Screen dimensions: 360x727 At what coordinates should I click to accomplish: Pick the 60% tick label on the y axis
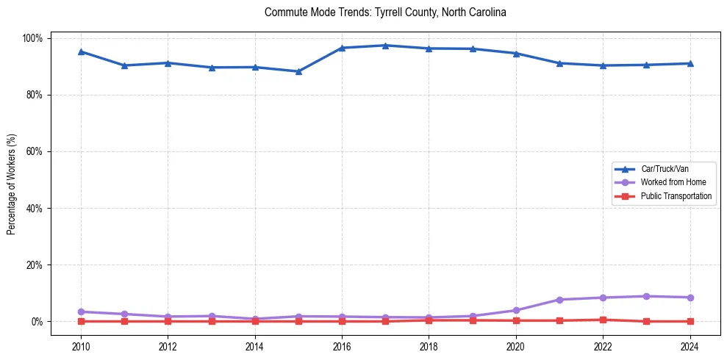pyautogui.click(x=35, y=151)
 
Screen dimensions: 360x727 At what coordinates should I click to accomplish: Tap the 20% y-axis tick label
pyautogui.click(x=35, y=264)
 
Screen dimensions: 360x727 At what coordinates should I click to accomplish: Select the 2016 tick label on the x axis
pyautogui.click(x=342, y=347)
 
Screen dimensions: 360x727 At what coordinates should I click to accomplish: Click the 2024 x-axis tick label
pyautogui.click(x=690, y=347)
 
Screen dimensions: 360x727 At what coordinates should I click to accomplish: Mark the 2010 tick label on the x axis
pyautogui.click(x=81, y=347)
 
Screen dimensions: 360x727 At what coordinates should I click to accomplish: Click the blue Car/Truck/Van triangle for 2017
pyautogui.click(x=385, y=46)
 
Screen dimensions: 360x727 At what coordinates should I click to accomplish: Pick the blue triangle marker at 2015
pyautogui.click(x=298, y=71)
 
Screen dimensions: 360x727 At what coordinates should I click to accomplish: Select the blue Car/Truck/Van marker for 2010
pyautogui.click(x=81, y=51)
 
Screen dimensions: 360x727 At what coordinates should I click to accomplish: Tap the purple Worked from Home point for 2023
pyautogui.click(x=646, y=296)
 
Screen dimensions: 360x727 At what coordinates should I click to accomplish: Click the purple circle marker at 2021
pyautogui.click(x=559, y=300)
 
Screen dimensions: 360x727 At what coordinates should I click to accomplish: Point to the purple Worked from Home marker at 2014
pyautogui.click(x=255, y=319)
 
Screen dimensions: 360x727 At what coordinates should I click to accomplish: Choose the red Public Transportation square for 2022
pyautogui.click(x=603, y=320)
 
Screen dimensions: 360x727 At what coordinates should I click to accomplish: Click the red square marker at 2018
pyautogui.click(x=429, y=320)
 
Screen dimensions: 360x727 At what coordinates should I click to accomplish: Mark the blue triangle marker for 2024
pyautogui.click(x=690, y=63)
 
